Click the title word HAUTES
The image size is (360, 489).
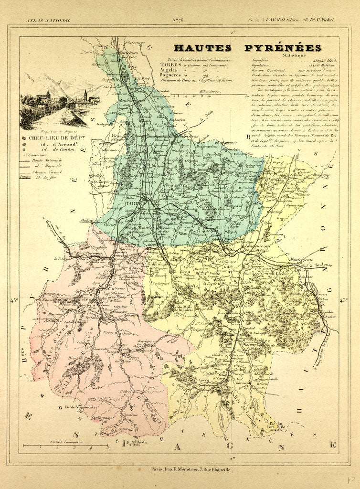(202, 48)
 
